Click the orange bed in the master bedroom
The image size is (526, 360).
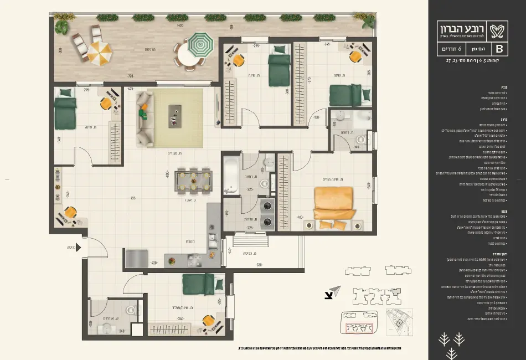(x=333, y=203)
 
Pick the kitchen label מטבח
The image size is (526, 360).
(x=190, y=242)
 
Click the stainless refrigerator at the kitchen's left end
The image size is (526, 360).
(x=136, y=259)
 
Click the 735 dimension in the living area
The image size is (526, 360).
(x=133, y=198)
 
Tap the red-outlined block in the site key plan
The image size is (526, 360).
(x=359, y=328)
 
